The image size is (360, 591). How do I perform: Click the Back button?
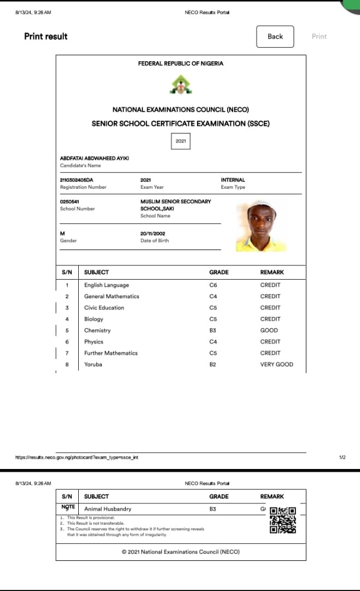[275, 37]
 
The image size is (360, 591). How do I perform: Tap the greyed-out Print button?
[319, 37]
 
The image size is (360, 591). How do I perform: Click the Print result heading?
[46, 36]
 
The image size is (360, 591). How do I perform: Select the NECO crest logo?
[180, 85]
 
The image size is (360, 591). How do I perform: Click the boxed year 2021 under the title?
[181, 141]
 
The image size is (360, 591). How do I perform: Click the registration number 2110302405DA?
[77, 179]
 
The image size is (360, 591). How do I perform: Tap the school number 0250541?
[69, 201]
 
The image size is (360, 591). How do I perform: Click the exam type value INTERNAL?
[233, 179]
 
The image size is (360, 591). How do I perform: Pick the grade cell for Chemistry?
[213, 331]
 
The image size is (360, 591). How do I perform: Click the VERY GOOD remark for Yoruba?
[276, 364]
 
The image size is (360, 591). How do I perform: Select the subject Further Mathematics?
[111, 353]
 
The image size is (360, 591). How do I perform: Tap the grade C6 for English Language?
[213, 285]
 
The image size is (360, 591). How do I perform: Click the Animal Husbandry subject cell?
[108, 509]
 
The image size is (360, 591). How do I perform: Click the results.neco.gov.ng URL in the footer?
[76, 457]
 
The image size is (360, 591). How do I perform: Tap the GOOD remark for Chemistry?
[269, 331]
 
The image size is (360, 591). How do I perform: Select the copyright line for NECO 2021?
[181, 552]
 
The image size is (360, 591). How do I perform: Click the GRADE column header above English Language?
[219, 272]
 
